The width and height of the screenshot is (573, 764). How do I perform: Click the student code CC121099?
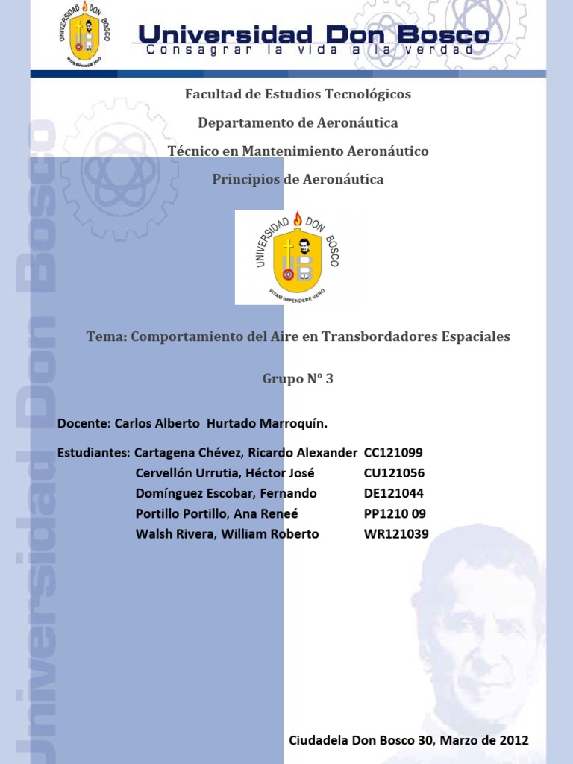(x=393, y=453)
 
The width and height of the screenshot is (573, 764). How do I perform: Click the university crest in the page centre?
(x=298, y=257)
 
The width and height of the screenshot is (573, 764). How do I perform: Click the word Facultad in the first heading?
(x=210, y=95)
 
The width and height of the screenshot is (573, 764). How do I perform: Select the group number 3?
(x=328, y=379)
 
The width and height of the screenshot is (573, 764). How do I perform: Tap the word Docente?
(x=82, y=424)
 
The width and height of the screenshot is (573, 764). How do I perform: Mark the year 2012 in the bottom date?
(x=513, y=741)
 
